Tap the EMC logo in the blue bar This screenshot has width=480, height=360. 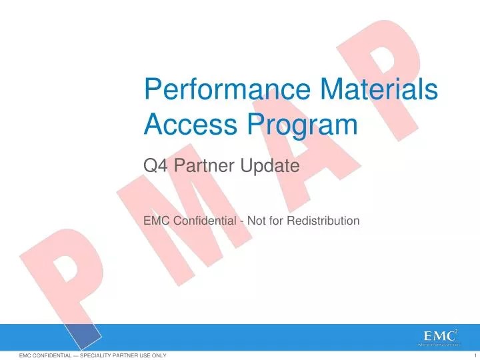click(x=437, y=337)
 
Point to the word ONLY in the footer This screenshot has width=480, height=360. click(x=157, y=356)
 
